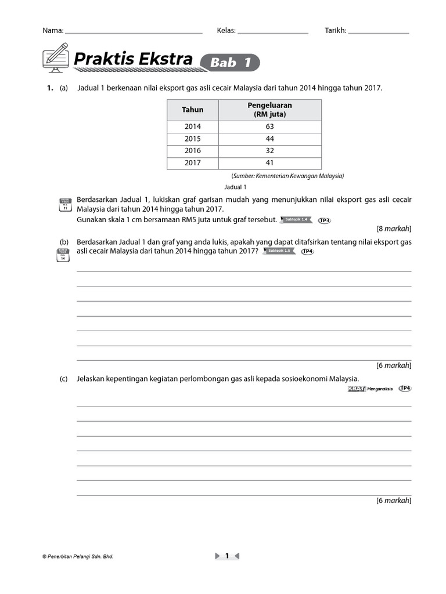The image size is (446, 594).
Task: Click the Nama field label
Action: coord(53,31)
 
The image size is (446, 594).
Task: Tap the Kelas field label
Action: coord(226,31)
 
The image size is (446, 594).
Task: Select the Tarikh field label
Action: coord(335,31)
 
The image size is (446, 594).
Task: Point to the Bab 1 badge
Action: coord(230,63)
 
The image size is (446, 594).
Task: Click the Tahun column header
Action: coord(193,110)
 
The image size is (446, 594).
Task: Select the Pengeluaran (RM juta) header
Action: coord(269,110)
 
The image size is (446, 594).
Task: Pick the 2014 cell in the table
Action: coord(193,126)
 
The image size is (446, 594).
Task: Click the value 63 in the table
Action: coord(269,126)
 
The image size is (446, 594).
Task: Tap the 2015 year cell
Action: coord(193,139)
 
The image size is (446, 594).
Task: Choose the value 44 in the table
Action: coord(269,139)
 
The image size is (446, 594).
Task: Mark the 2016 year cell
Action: coord(193,151)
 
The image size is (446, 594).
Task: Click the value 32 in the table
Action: coord(269,151)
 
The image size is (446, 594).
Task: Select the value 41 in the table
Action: coord(269,163)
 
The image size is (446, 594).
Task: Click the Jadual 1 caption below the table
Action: coord(236,187)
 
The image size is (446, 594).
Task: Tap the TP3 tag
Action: coord(325,220)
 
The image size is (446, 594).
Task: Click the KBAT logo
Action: coord(355,389)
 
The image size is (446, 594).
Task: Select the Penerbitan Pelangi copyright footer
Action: coord(78,556)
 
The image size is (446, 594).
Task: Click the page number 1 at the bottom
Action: coord(227,556)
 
